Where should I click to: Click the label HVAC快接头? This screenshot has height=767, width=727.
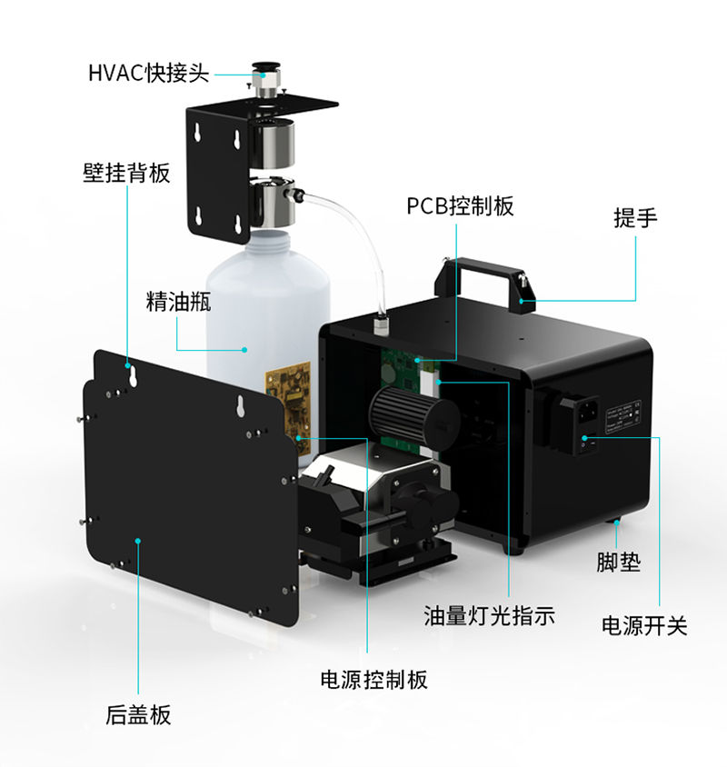(149, 74)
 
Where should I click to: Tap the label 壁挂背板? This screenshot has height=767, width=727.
(126, 173)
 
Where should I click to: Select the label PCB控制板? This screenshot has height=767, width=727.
(461, 205)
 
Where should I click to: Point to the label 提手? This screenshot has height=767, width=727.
(635, 218)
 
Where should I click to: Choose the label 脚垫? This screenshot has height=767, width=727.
(618, 562)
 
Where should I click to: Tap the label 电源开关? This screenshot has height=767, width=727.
(644, 625)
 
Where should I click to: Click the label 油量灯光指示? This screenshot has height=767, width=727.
(490, 615)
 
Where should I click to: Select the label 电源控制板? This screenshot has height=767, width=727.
(373, 679)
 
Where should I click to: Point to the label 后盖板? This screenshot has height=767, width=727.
(138, 714)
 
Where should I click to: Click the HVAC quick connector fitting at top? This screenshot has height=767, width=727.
(264, 79)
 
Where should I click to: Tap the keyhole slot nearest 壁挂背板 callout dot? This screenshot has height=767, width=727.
(132, 375)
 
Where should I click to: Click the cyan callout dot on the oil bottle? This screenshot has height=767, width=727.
(244, 349)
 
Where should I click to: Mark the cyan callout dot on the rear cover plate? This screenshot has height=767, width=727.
(138, 541)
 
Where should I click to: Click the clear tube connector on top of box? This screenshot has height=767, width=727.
(381, 324)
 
